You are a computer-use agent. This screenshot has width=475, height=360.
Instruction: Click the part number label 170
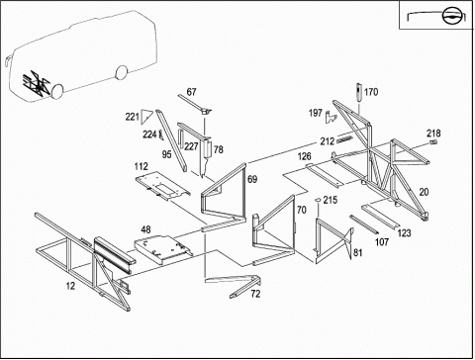click(x=371, y=92)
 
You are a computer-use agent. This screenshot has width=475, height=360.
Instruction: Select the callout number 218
click(x=433, y=134)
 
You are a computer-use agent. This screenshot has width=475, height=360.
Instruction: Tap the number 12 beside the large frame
click(x=70, y=286)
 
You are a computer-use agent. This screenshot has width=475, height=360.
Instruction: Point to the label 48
click(x=146, y=229)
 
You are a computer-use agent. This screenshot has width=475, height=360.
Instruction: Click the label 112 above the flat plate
click(x=142, y=166)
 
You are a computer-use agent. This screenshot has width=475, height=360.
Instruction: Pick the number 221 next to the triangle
click(x=132, y=117)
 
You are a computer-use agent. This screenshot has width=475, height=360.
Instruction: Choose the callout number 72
click(x=255, y=294)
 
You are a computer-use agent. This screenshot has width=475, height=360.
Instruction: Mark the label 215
click(x=331, y=200)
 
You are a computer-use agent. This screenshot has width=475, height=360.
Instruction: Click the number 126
click(x=305, y=156)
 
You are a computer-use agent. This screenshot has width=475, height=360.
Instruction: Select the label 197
click(x=316, y=113)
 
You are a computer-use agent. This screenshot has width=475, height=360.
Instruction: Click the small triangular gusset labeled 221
click(x=145, y=117)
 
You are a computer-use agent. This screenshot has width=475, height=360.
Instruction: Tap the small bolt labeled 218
click(x=434, y=142)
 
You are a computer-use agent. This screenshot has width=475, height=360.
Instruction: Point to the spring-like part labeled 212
click(x=345, y=139)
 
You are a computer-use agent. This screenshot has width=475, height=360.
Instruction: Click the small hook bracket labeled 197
click(x=330, y=117)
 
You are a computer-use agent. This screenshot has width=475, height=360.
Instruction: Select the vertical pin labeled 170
click(x=359, y=92)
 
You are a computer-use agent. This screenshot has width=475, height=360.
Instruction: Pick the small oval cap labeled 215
click(x=319, y=199)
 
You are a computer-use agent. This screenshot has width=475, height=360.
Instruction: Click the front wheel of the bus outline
click(x=57, y=90)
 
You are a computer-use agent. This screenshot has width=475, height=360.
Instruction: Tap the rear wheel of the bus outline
click(x=122, y=72)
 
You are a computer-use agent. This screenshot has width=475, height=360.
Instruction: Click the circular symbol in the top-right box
click(x=449, y=16)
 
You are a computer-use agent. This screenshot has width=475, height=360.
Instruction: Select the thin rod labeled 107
click(x=363, y=225)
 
